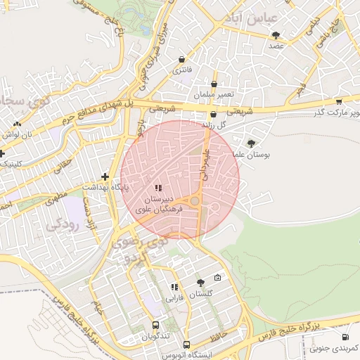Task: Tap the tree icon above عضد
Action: tap(276, 34)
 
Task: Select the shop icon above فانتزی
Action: tap(183, 60)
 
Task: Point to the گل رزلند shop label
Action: tap(213, 124)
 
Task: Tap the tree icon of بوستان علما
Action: tap(252, 143)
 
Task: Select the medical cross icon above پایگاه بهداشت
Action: tap(105, 176)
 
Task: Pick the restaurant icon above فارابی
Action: tap(174, 287)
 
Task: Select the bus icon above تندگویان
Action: tap(155, 326)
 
